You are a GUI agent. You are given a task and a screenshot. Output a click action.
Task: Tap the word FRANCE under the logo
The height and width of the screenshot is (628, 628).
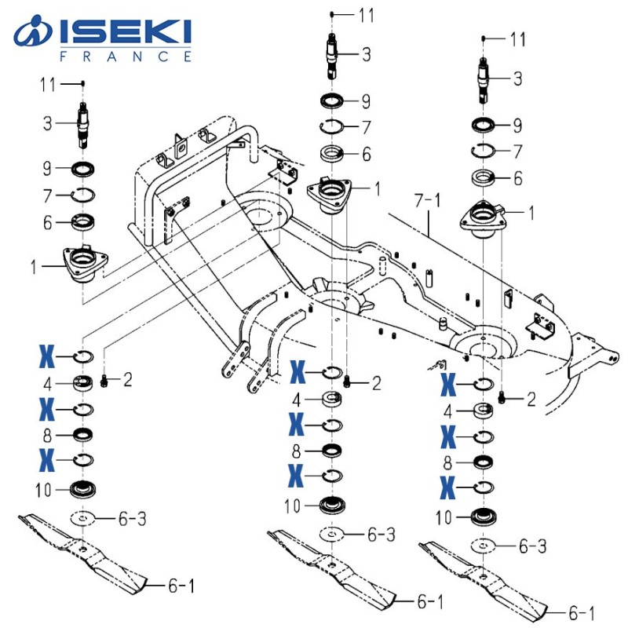point(126,57)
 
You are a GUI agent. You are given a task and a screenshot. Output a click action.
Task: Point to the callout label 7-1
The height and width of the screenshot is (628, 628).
point(430,203)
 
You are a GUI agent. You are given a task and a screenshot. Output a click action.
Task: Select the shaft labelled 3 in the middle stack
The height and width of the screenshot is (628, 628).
point(334,57)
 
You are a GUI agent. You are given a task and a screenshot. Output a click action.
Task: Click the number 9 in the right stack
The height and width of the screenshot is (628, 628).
point(517,125)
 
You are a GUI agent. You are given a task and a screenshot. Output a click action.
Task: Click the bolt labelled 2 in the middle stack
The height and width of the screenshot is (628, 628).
point(349,384)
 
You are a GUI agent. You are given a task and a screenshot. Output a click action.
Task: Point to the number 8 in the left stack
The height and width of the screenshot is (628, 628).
point(47,433)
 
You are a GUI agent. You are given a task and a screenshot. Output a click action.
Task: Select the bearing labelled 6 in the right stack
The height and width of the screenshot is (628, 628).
point(482,179)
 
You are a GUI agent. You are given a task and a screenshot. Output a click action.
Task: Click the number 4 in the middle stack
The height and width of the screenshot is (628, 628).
point(297,400)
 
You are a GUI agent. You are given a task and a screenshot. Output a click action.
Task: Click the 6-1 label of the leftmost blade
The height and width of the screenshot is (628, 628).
point(181,585)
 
